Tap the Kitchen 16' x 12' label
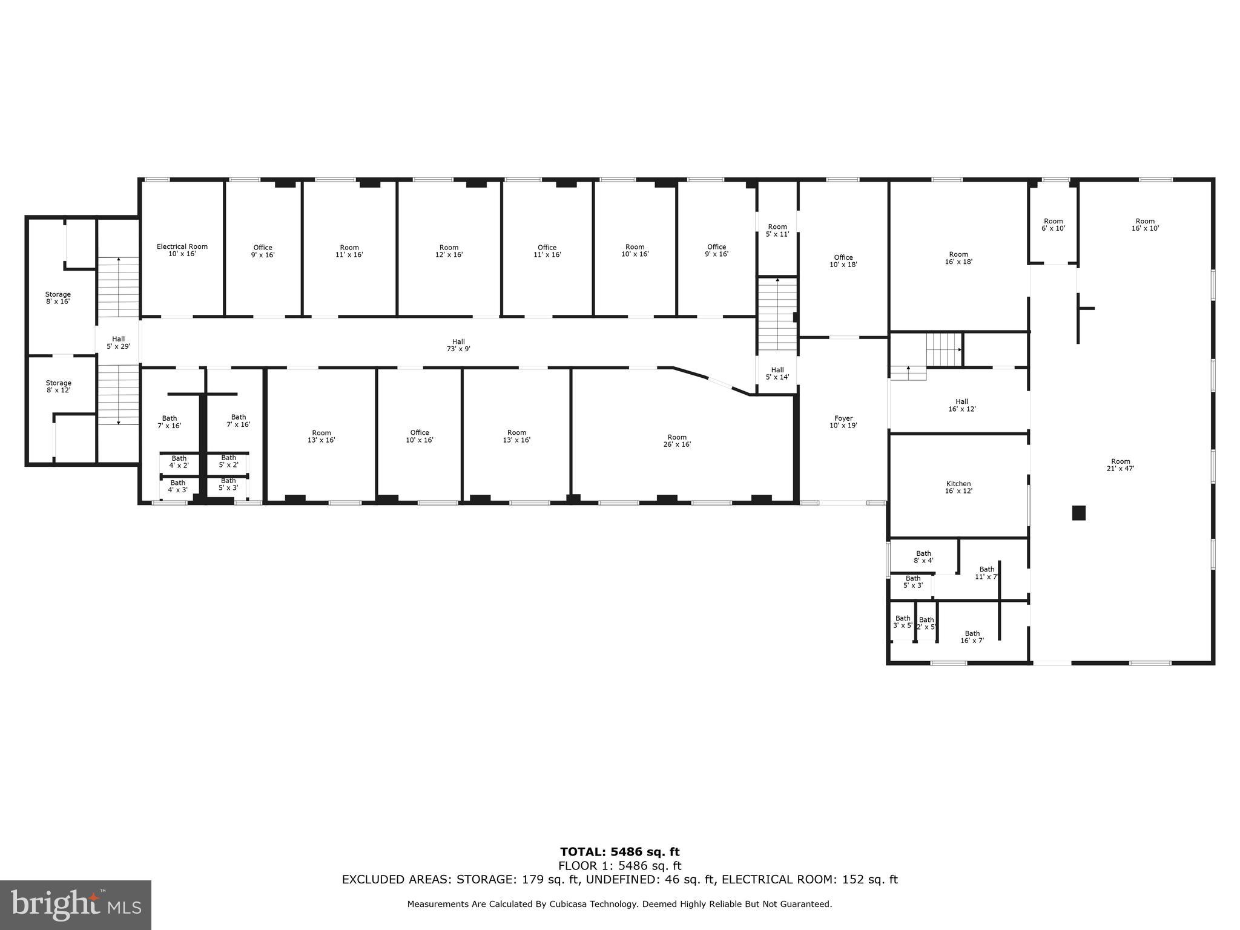click(x=958, y=487)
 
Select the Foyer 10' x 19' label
click(x=843, y=422)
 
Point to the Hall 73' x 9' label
click(x=458, y=345)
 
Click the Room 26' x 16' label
click(x=677, y=441)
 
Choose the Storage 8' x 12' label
click(x=59, y=386)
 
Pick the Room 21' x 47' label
click(x=1121, y=465)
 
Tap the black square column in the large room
click(x=1078, y=513)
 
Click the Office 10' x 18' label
click(x=843, y=261)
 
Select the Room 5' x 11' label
click(x=777, y=231)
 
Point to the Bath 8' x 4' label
click(x=923, y=557)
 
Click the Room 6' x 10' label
click(x=1054, y=225)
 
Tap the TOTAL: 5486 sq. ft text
click(x=619, y=852)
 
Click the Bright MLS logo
click(x=76, y=905)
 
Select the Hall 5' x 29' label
click(x=119, y=343)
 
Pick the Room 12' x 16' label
click(x=449, y=251)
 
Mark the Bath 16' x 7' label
click(x=972, y=637)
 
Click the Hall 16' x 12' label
click(x=962, y=405)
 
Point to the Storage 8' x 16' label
click(x=58, y=298)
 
